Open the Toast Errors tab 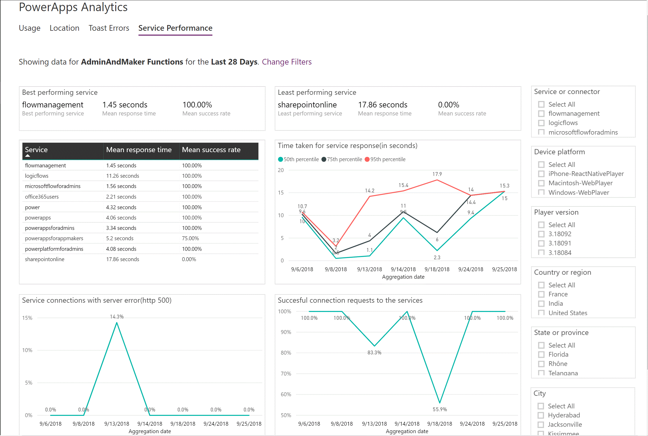[x=109, y=28]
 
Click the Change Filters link [x=287, y=62]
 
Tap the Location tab [x=64, y=28]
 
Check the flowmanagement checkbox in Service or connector [x=541, y=114]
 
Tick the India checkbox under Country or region [x=541, y=304]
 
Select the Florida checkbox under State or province [x=541, y=355]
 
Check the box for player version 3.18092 [x=541, y=234]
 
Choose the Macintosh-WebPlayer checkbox [x=541, y=183]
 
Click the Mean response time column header [x=139, y=150]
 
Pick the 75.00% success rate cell [x=190, y=238]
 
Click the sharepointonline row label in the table [x=44, y=259]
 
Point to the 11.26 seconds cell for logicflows [x=122, y=176]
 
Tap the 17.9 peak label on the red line [x=437, y=174]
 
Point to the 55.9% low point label [x=439, y=409]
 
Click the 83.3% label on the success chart [x=374, y=353]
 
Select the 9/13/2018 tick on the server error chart [x=117, y=424]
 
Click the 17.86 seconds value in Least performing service [x=382, y=105]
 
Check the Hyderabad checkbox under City [x=540, y=415]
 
